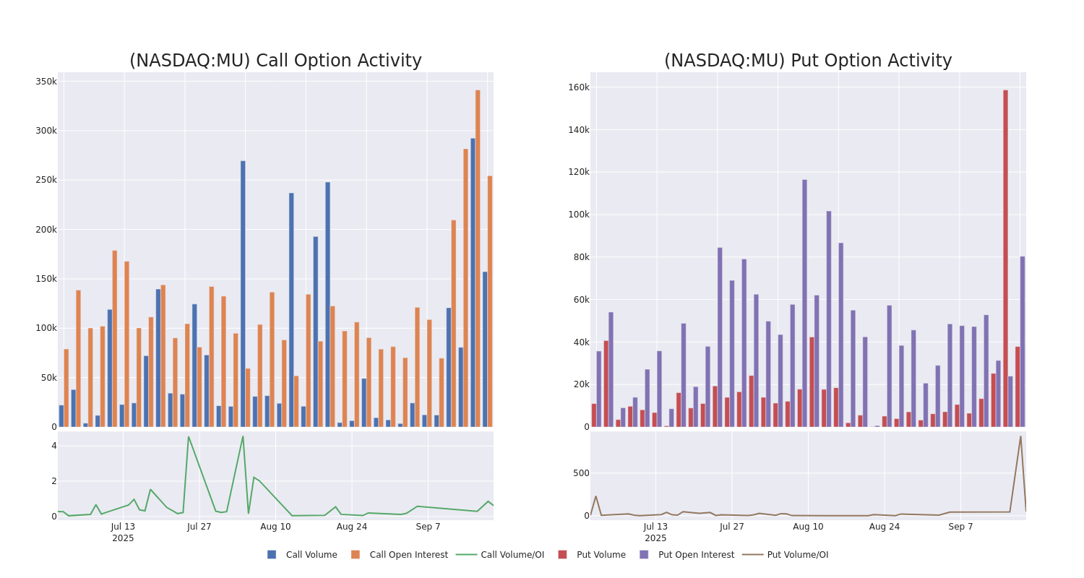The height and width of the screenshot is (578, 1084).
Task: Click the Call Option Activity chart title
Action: click(275, 61)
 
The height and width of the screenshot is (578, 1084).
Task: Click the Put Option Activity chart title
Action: click(808, 61)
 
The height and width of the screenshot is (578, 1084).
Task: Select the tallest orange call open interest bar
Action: click(478, 258)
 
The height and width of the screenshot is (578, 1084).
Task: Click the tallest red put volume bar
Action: click(1005, 258)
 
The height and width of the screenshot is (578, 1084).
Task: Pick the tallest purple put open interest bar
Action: click(804, 303)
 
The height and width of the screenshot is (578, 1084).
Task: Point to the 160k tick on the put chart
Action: click(579, 87)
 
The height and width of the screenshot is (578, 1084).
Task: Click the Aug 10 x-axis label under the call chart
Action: click(275, 527)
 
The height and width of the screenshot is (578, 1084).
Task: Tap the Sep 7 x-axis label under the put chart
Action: click(960, 527)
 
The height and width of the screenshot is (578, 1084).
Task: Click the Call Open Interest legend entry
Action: click(408, 555)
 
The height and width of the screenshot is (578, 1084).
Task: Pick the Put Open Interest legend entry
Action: click(695, 555)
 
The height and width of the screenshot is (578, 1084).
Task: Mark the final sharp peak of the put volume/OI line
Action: click(1020, 436)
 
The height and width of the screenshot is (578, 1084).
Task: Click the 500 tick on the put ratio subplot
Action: click(581, 473)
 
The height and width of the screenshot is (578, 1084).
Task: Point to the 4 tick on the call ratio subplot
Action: click(53, 446)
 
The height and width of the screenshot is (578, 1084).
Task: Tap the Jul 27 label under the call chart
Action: click(199, 527)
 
